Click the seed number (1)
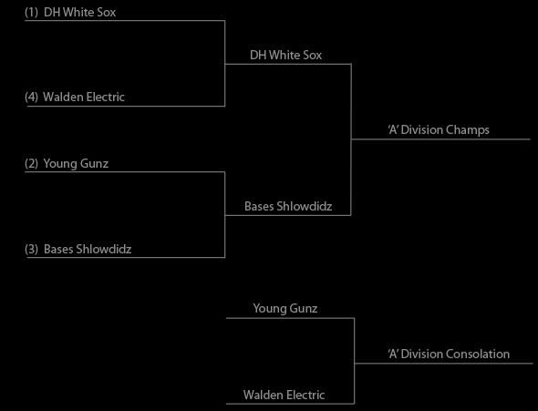click(32, 13)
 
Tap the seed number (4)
click(32, 97)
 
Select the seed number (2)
click(32, 163)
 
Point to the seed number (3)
click(32, 249)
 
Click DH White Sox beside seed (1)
click(80, 13)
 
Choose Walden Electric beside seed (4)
click(84, 97)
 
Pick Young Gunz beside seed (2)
click(76, 163)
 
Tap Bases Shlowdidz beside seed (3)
click(88, 249)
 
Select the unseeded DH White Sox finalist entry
click(285, 56)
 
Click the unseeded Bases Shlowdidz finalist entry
click(288, 206)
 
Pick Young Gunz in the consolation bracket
click(285, 309)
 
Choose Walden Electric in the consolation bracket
click(285, 395)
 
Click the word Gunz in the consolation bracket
click(303, 309)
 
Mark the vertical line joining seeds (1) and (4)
click(224, 64)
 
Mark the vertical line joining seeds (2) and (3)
click(224, 214)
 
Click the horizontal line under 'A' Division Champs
click(440, 139)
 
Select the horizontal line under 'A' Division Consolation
click(443, 364)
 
